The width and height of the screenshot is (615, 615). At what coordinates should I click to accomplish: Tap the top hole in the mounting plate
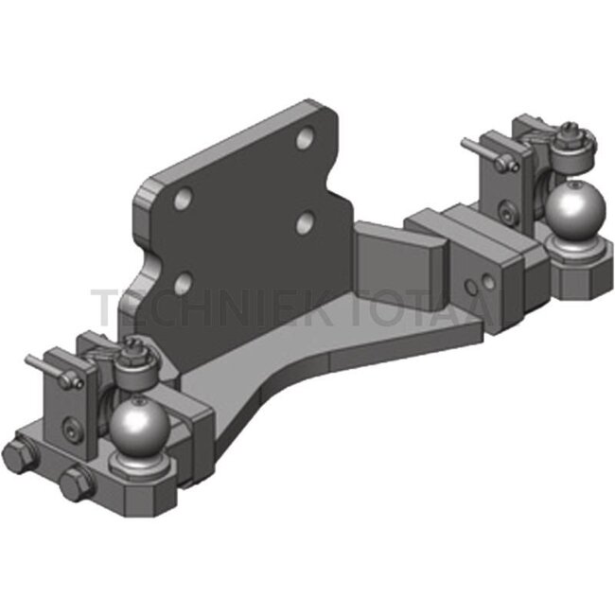(305, 139)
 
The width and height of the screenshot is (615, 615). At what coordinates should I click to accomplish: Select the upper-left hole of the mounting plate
(184, 199)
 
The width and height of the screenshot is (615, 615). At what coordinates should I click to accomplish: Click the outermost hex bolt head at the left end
(21, 454)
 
